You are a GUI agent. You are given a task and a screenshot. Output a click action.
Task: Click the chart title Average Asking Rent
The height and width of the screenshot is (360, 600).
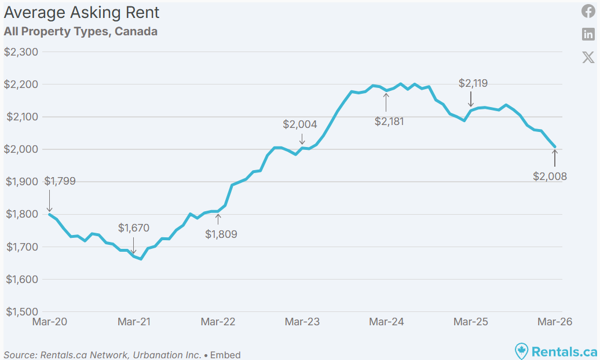point(82,13)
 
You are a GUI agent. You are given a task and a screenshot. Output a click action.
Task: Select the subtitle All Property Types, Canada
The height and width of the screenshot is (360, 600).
point(81,31)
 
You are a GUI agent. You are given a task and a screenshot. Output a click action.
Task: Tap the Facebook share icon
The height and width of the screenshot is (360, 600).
point(588,12)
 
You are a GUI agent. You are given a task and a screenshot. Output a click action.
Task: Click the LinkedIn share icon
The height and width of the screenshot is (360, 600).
point(588,34)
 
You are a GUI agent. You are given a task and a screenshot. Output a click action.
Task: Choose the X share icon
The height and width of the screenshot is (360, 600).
point(588,57)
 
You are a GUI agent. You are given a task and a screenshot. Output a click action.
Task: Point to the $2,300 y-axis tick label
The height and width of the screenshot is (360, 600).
point(21,52)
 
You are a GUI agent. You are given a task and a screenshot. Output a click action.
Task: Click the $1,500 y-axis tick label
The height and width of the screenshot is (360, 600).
point(21,311)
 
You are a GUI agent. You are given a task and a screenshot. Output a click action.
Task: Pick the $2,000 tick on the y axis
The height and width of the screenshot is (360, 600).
point(21,149)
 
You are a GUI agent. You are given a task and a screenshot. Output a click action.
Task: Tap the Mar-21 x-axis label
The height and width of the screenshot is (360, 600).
point(134,322)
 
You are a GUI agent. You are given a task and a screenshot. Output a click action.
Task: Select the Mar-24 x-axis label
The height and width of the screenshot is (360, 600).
point(386,322)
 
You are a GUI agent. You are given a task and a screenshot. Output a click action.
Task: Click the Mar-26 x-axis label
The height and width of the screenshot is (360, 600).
point(554,322)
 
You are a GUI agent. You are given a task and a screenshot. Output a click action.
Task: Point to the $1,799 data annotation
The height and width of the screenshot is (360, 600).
point(60,181)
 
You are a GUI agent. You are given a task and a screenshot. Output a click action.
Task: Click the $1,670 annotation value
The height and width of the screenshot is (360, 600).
point(134,228)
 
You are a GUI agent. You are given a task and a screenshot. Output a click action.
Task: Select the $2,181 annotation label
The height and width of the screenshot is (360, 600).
point(389,122)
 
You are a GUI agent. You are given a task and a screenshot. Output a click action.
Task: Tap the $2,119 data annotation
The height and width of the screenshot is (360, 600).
point(473,83)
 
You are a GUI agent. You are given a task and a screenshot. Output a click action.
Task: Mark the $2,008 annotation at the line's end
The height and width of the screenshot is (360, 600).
point(550,177)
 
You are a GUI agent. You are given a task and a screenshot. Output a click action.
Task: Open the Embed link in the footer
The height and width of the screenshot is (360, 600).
point(225,355)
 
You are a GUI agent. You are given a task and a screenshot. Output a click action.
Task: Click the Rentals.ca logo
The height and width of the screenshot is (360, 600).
point(556,351)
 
